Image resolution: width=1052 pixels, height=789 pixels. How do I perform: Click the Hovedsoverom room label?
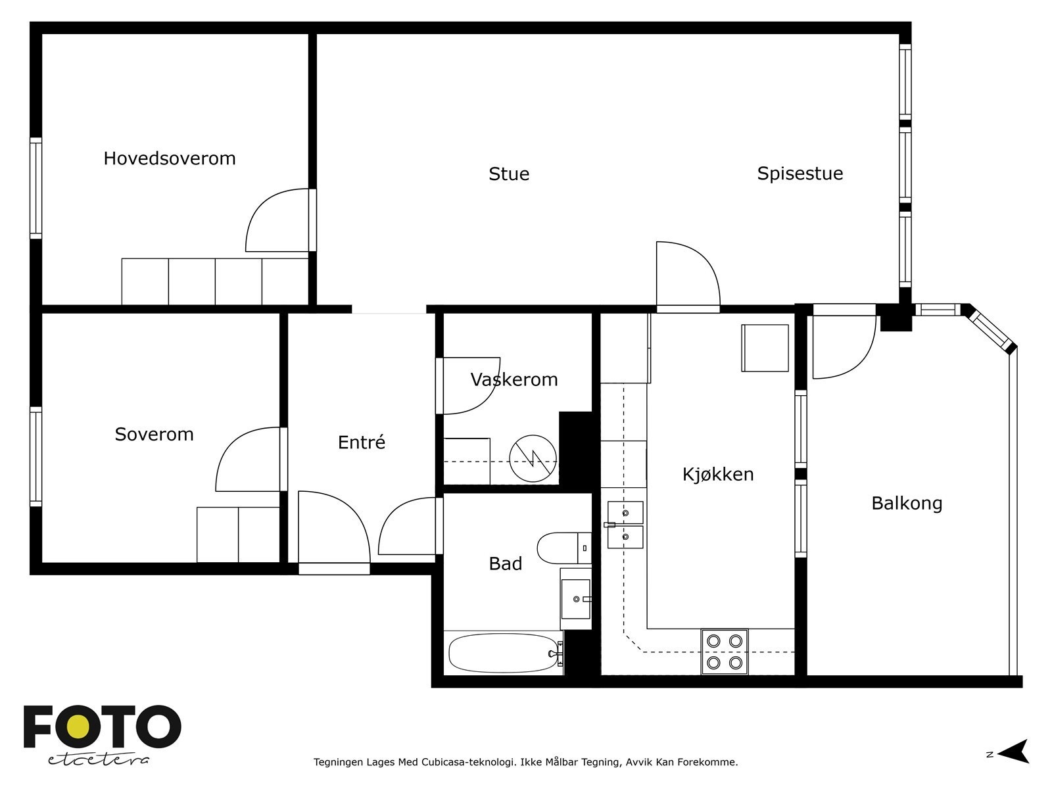pyautogui.click(x=170, y=158)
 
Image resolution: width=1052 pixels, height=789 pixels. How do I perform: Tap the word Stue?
pyautogui.click(x=509, y=174)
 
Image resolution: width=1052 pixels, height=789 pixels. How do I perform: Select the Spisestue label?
pyautogui.click(x=800, y=174)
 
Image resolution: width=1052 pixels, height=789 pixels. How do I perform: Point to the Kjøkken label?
pyautogui.click(x=718, y=474)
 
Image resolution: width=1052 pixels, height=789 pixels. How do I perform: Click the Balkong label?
pyautogui.click(x=907, y=504)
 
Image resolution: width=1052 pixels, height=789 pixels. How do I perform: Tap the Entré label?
pyautogui.click(x=362, y=442)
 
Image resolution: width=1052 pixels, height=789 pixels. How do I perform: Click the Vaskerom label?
pyautogui.click(x=514, y=380)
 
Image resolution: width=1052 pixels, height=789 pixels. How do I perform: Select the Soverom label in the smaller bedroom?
pyautogui.click(x=155, y=435)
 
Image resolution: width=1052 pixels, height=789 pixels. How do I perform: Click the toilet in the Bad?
pyautogui.click(x=564, y=548)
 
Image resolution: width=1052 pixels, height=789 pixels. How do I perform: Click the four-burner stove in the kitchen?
pyautogui.click(x=724, y=652)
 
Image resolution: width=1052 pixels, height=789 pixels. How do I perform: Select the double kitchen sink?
pyautogui.click(x=625, y=525)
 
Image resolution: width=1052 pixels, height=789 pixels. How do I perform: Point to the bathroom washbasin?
pyautogui.click(x=575, y=599)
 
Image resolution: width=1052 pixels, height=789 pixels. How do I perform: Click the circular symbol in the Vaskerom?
pyautogui.click(x=533, y=458)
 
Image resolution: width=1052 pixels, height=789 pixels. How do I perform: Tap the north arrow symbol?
pyautogui.click(x=1015, y=751)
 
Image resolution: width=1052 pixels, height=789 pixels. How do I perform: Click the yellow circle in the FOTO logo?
pyautogui.click(x=78, y=727)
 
